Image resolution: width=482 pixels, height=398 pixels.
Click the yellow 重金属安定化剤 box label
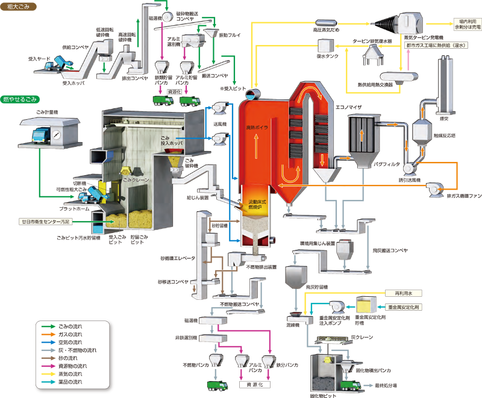(405, 306)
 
